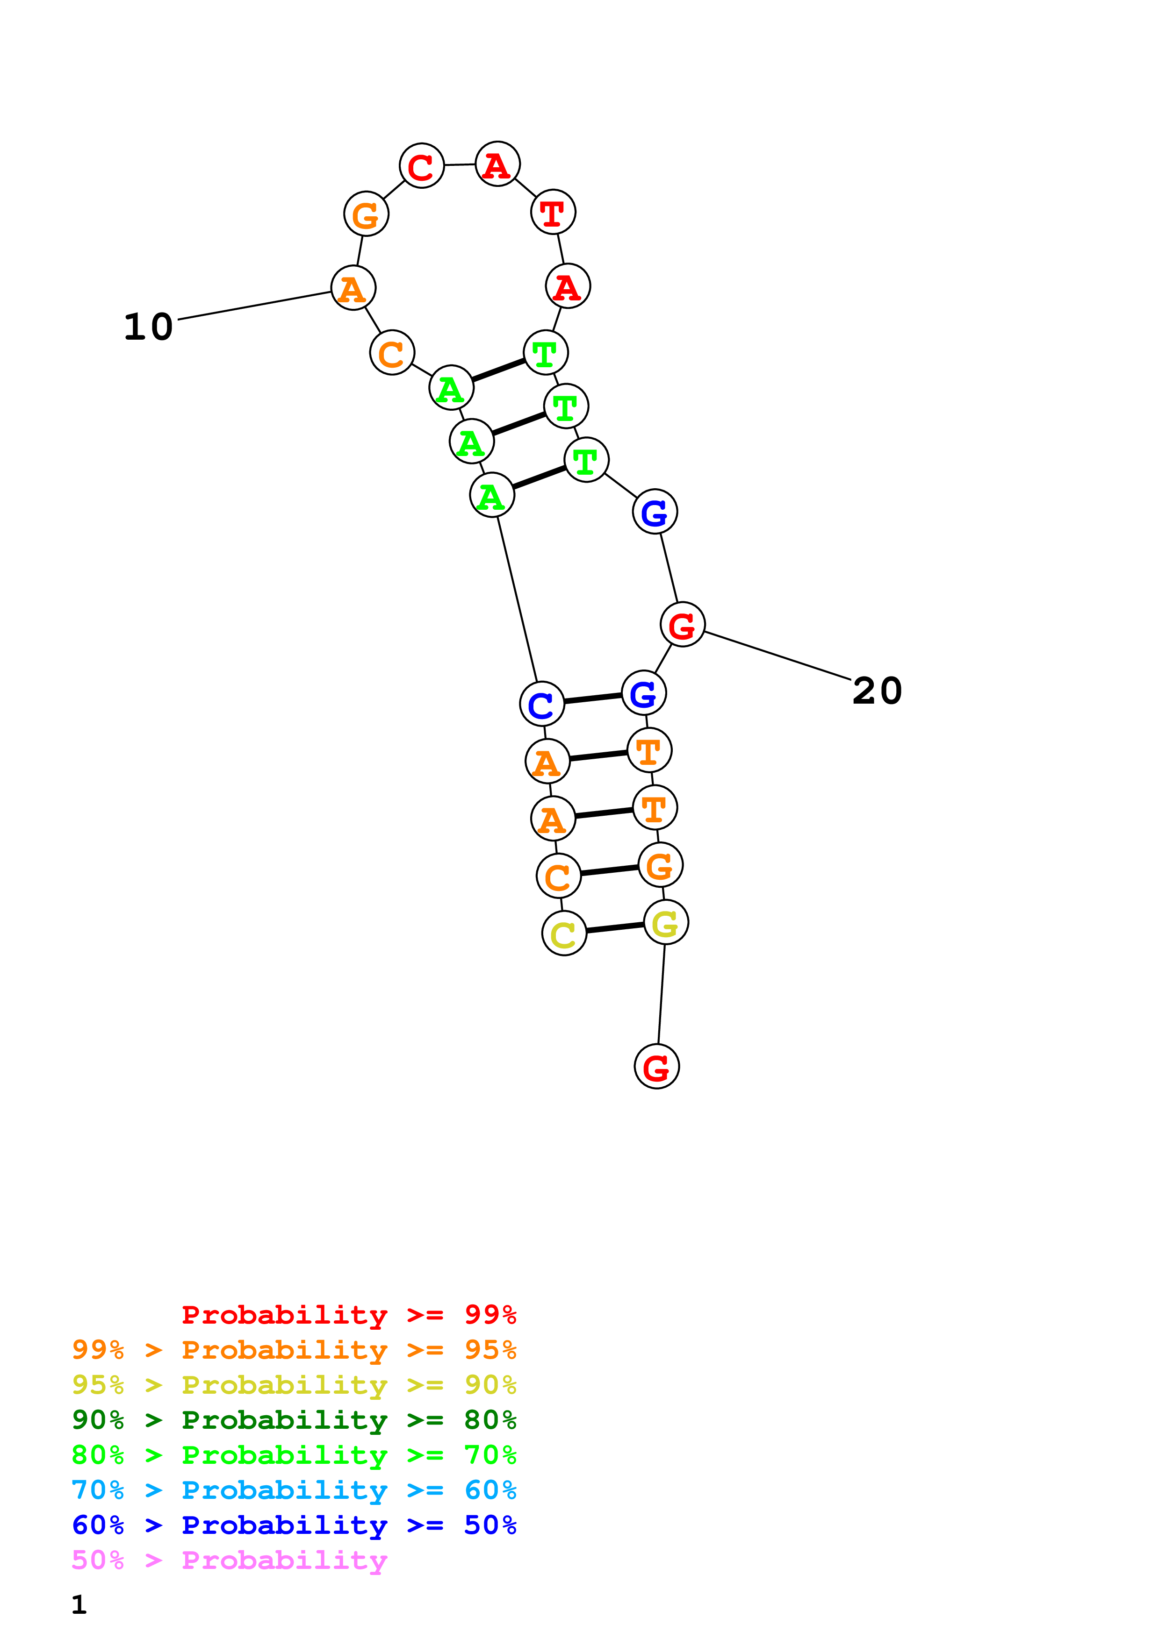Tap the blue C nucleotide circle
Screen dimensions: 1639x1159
(541, 704)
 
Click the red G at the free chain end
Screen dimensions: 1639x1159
(656, 1067)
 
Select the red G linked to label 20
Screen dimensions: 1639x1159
(682, 625)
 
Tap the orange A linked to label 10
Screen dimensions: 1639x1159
(353, 288)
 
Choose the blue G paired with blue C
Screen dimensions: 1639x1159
(643, 693)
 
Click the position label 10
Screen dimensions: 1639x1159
(149, 327)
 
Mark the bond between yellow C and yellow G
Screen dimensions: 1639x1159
(615, 928)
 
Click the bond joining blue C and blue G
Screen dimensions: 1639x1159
(593, 698)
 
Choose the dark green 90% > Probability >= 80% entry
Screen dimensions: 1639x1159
(294, 1420)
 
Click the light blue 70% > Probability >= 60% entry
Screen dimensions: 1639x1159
(294, 1490)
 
